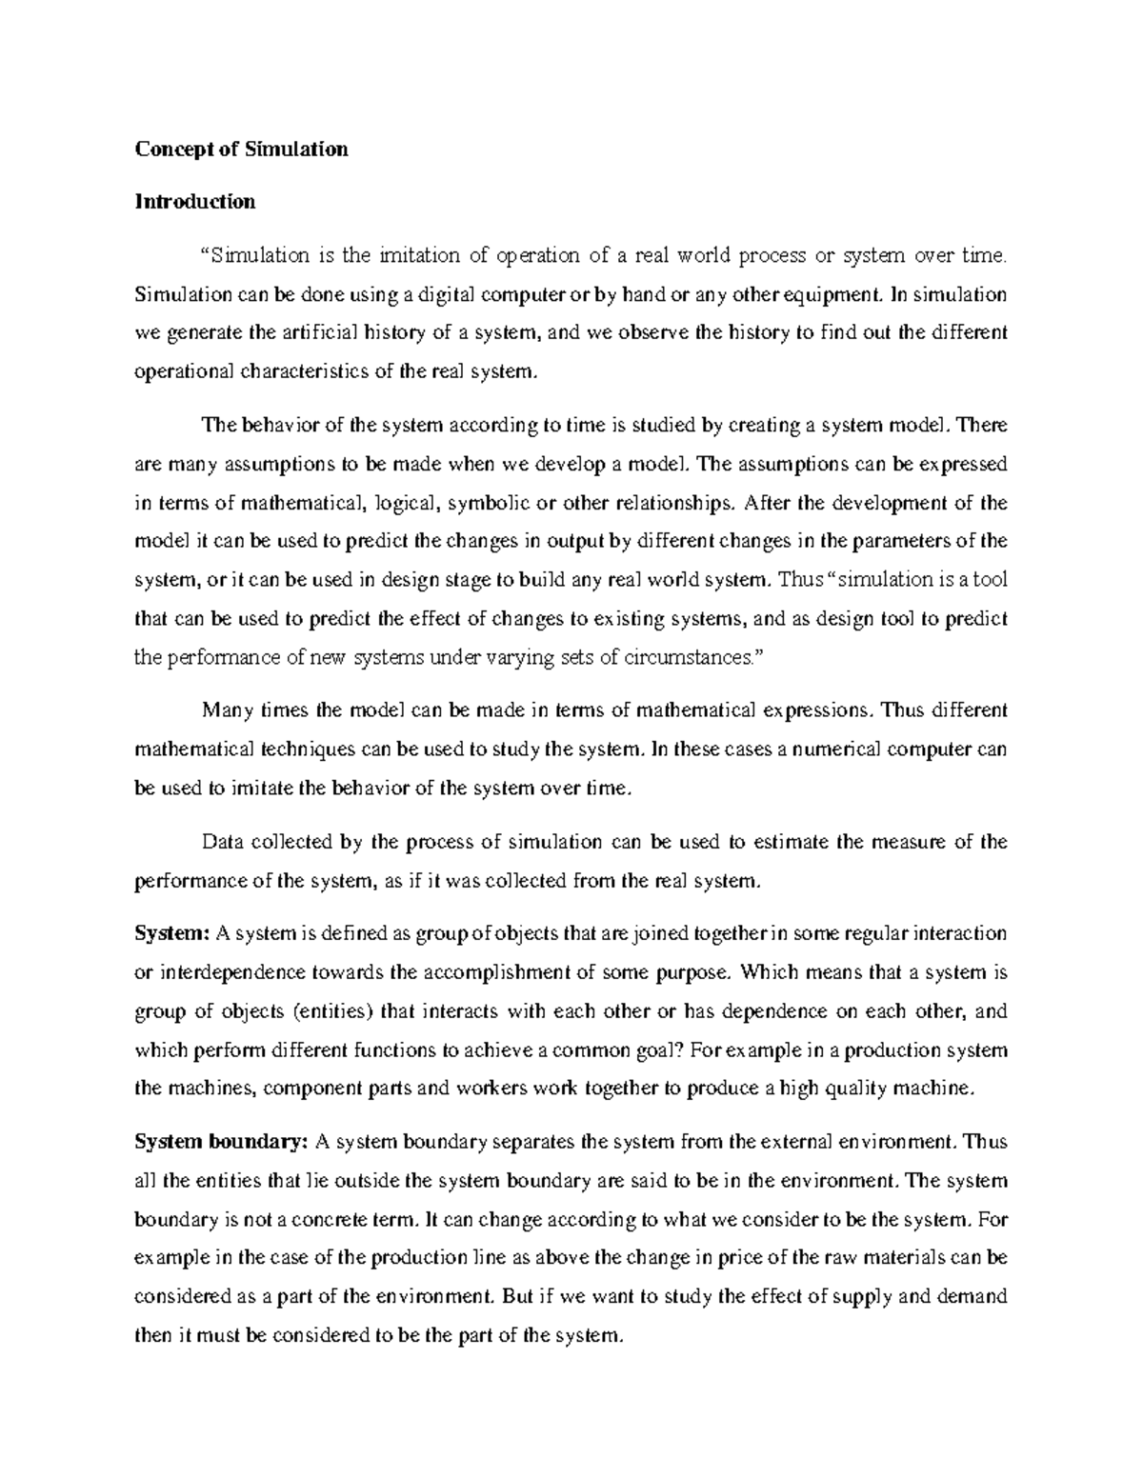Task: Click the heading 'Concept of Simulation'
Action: (x=241, y=150)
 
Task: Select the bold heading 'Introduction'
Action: (x=194, y=202)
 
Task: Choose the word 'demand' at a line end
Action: (x=975, y=1296)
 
